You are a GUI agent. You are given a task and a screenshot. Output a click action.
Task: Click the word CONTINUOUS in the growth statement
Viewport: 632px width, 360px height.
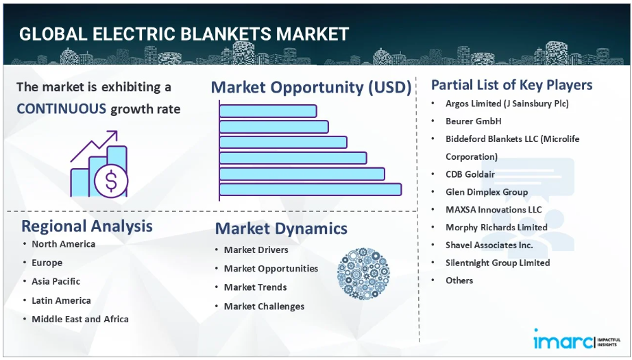coord(61,109)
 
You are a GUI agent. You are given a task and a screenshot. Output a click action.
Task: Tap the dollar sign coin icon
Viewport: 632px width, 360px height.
coord(111,180)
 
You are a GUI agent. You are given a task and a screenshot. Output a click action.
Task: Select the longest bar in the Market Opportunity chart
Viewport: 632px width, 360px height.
coord(311,189)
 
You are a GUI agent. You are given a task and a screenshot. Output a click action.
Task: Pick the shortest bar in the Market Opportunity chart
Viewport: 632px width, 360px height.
coord(268,111)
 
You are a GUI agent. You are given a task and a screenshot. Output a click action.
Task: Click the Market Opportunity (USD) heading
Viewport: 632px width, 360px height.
coord(311,88)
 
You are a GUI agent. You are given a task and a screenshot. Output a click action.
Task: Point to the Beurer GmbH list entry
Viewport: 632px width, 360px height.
coord(473,121)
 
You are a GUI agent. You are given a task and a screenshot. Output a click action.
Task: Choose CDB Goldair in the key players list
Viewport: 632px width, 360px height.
coord(470,174)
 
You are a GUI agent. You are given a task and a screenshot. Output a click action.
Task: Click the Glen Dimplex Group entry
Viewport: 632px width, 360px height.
coord(487,192)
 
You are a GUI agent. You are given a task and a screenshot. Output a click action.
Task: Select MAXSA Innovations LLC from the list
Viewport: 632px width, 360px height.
coord(494,210)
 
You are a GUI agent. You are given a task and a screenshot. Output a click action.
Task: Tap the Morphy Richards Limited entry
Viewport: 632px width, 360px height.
coord(496,228)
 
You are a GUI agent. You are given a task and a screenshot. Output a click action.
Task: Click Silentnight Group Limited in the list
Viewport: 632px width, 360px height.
coord(498,263)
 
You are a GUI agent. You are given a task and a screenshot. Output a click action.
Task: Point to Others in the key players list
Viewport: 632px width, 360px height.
coord(459,280)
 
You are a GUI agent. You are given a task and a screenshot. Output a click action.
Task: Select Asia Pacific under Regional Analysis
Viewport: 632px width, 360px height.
coord(56,281)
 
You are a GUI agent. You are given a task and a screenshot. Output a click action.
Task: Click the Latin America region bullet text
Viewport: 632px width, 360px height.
coord(61,300)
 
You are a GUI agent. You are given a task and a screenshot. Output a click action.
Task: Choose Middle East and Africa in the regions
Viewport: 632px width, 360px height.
coord(80,319)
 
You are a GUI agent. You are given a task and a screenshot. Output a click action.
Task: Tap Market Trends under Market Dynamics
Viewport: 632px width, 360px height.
coord(256,287)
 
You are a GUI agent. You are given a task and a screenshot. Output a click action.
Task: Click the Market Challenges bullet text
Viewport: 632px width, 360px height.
coord(264,307)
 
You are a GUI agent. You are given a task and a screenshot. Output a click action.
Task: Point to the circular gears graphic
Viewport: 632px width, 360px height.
coord(363,274)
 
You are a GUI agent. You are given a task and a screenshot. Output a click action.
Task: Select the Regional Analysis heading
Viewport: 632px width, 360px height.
coord(87,226)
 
